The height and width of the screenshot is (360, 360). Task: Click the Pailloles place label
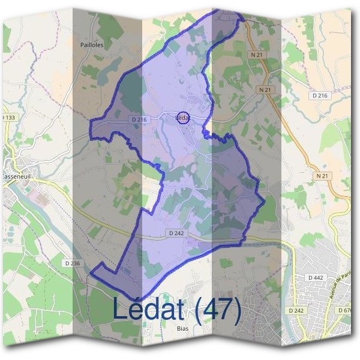tap(92, 44)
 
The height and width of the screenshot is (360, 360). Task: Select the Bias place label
tap(184, 328)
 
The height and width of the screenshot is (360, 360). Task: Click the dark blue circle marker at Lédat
tap(184, 118)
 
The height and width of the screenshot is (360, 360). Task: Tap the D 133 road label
tap(8, 117)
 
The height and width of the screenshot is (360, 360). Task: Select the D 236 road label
tap(71, 263)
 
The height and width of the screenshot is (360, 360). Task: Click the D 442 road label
tap(315, 277)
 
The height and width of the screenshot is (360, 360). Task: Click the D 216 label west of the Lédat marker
tap(139, 120)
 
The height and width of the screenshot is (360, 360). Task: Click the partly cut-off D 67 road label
tap(346, 310)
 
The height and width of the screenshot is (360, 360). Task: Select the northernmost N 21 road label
tap(257, 55)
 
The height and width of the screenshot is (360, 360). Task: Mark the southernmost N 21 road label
tap(322, 176)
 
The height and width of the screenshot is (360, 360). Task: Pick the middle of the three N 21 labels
tap(265, 89)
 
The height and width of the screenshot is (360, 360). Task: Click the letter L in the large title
tap(121, 309)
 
